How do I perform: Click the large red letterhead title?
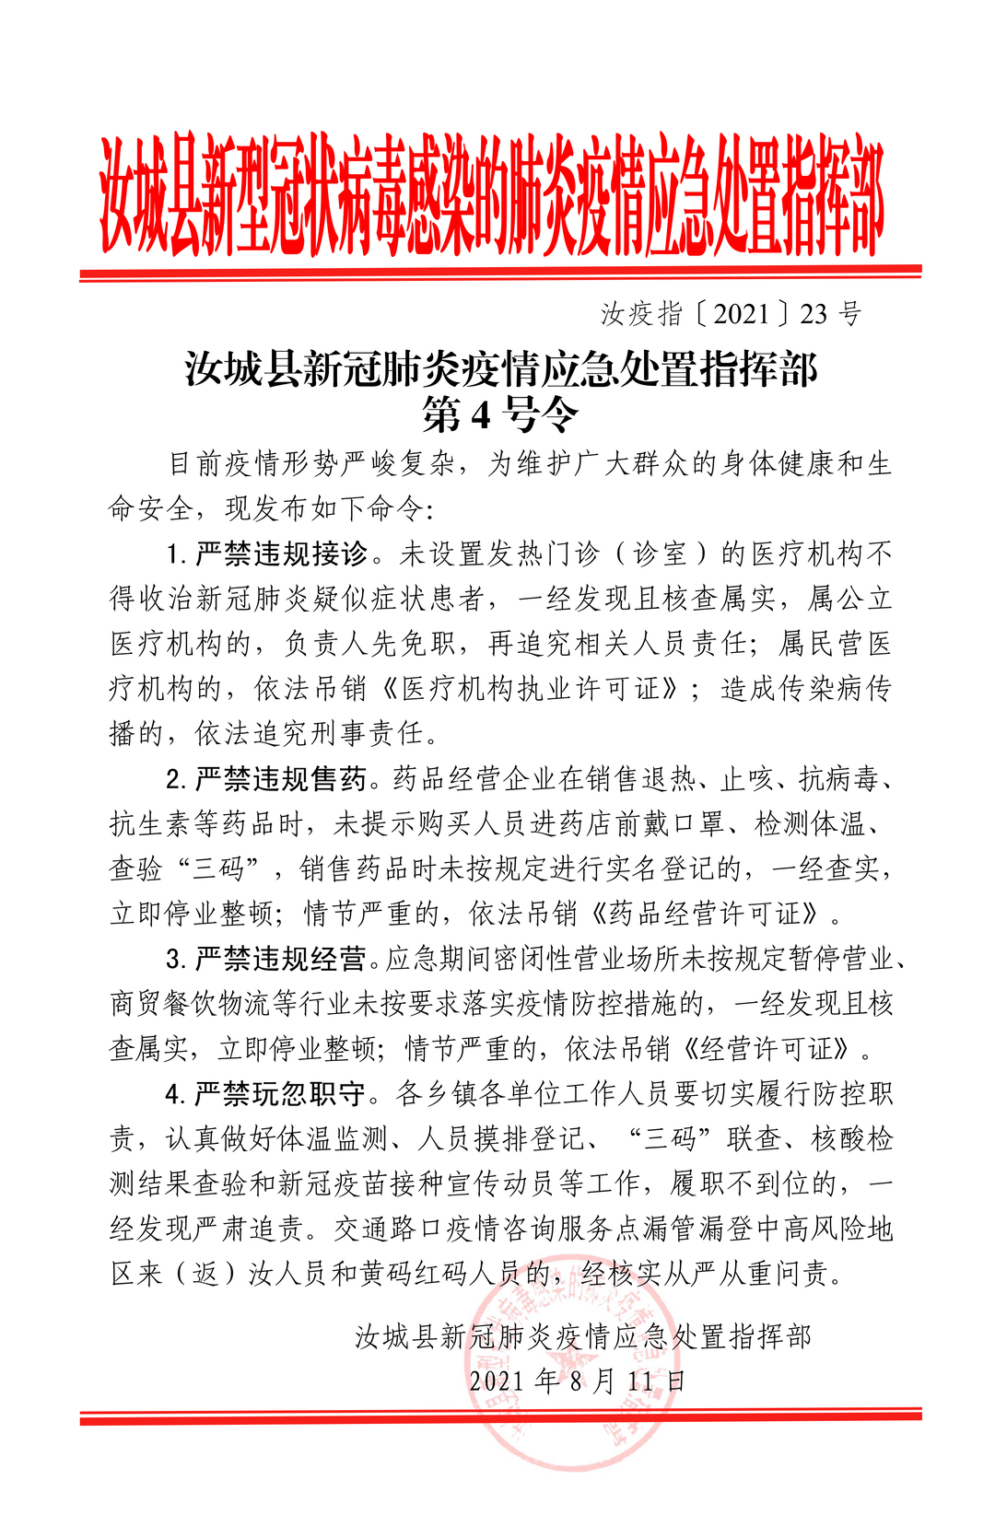[x=492, y=195]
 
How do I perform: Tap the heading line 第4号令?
[x=500, y=415]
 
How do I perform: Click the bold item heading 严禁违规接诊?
[x=281, y=554]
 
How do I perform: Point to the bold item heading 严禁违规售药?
[x=281, y=779]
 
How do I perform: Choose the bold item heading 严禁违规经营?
[x=281, y=959]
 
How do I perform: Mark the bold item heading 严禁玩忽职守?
[x=281, y=1094]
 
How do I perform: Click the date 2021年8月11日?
[x=577, y=1381]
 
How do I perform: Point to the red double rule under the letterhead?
[x=500, y=273]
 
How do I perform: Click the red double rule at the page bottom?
[x=500, y=1416]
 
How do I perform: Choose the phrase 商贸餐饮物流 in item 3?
[x=193, y=1004]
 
